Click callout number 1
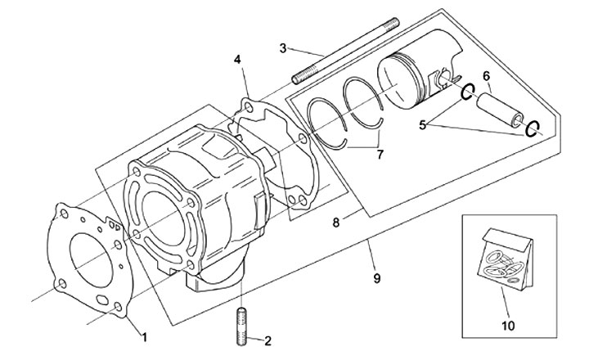145,335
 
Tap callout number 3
283,48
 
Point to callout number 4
237,60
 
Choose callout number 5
423,125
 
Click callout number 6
486,75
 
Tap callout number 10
508,325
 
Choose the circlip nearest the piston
470,92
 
